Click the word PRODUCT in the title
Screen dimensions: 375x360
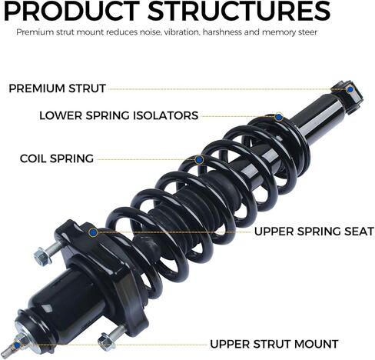pyautogui.click(x=72, y=11)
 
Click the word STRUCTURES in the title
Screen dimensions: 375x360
pyautogui.click(x=239, y=11)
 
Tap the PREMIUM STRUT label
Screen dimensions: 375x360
pyautogui.click(x=57, y=88)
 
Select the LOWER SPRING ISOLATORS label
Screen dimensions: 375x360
pyautogui.click(x=119, y=115)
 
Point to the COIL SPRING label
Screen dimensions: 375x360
pyautogui.click(x=57, y=158)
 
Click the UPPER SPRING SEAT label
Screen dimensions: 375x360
pyautogui.click(x=314, y=232)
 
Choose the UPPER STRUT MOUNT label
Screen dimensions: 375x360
pyautogui.click(x=274, y=344)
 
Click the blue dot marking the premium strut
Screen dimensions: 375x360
pyautogui.click(x=350, y=89)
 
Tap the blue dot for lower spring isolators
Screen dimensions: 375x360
pyautogui.click(x=278, y=117)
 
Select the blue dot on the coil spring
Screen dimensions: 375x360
pyautogui.click(x=199, y=160)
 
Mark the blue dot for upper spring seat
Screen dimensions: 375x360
pyautogui.click(x=93, y=232)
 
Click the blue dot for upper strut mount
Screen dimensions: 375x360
pyautogui.click(x=17, y=345)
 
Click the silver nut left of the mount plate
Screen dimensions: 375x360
pyautogui.click(x=41, y=255)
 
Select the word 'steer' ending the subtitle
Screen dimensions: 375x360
pyautogui.click(x=308, y=32)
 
